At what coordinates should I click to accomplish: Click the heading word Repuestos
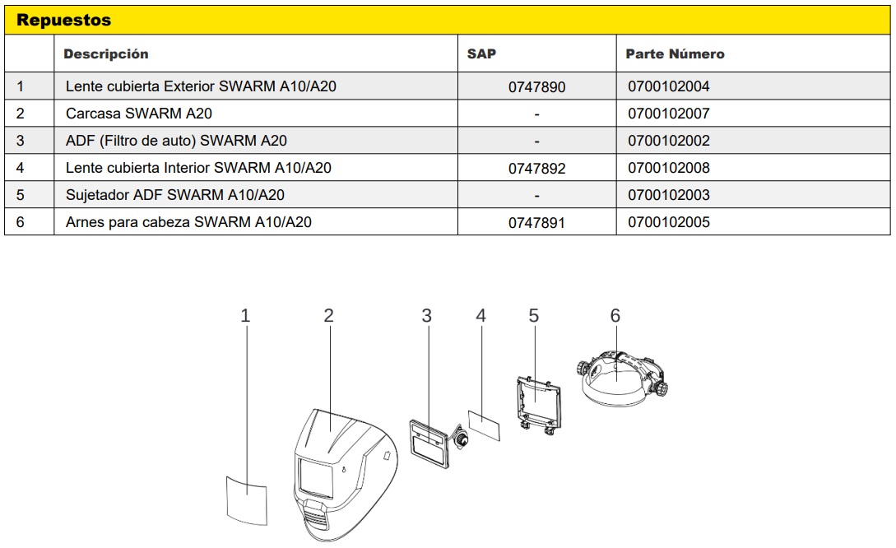pyautogui.click(x=63, y=20)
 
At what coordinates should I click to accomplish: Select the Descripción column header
pyautogui.click(x=105, y=53)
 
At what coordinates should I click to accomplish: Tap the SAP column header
pyautogui.click(x=481, y=53)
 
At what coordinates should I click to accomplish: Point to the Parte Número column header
pyautogui.click(x=675, y=53)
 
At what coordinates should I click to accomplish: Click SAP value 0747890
pyautogui.click(x=536, y=87)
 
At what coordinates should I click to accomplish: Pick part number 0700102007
pyautogui.click(x=669, y=114)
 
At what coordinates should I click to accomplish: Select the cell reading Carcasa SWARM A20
pyautogui.click(x=139, y=114)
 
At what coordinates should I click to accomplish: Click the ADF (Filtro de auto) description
pyautogui.click(x=176, y=141)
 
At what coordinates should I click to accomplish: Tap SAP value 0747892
pyautogui.click(x=536, y=169)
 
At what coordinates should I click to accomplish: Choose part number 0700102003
pyautogui.click(x=669, y=195)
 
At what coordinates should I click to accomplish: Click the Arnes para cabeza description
pyautogui.click(x=188, y=222)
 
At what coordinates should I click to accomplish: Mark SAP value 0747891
pyautogui.click(x=536, y=223)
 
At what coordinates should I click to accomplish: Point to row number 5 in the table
pyautogui.click(x=21, y=195)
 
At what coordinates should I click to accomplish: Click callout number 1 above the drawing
pyautogui.click(x=245, y=315)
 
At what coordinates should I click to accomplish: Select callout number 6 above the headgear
pyautogui.click(x=615, y=315)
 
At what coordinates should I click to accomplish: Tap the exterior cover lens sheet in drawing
pyautogui.click(x=247, y=500)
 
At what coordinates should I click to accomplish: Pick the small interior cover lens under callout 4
pyautogui.click(x=484, y=425)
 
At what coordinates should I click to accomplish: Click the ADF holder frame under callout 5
pyautogui.click(x=538, y=404)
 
